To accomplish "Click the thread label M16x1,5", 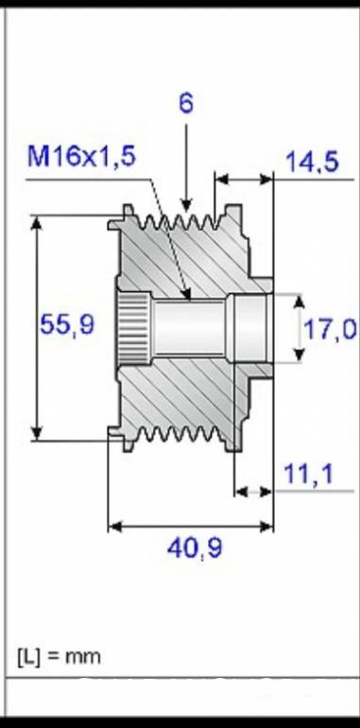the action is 81,156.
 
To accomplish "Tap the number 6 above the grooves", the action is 186,103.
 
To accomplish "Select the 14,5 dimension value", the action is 312,162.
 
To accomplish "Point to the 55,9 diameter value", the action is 67,323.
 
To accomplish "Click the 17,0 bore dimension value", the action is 330,329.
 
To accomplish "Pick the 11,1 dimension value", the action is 308,474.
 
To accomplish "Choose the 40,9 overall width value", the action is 195,548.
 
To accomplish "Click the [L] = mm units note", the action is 59,657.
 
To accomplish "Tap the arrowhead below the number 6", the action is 186,204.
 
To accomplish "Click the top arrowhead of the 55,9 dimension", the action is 37,223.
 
